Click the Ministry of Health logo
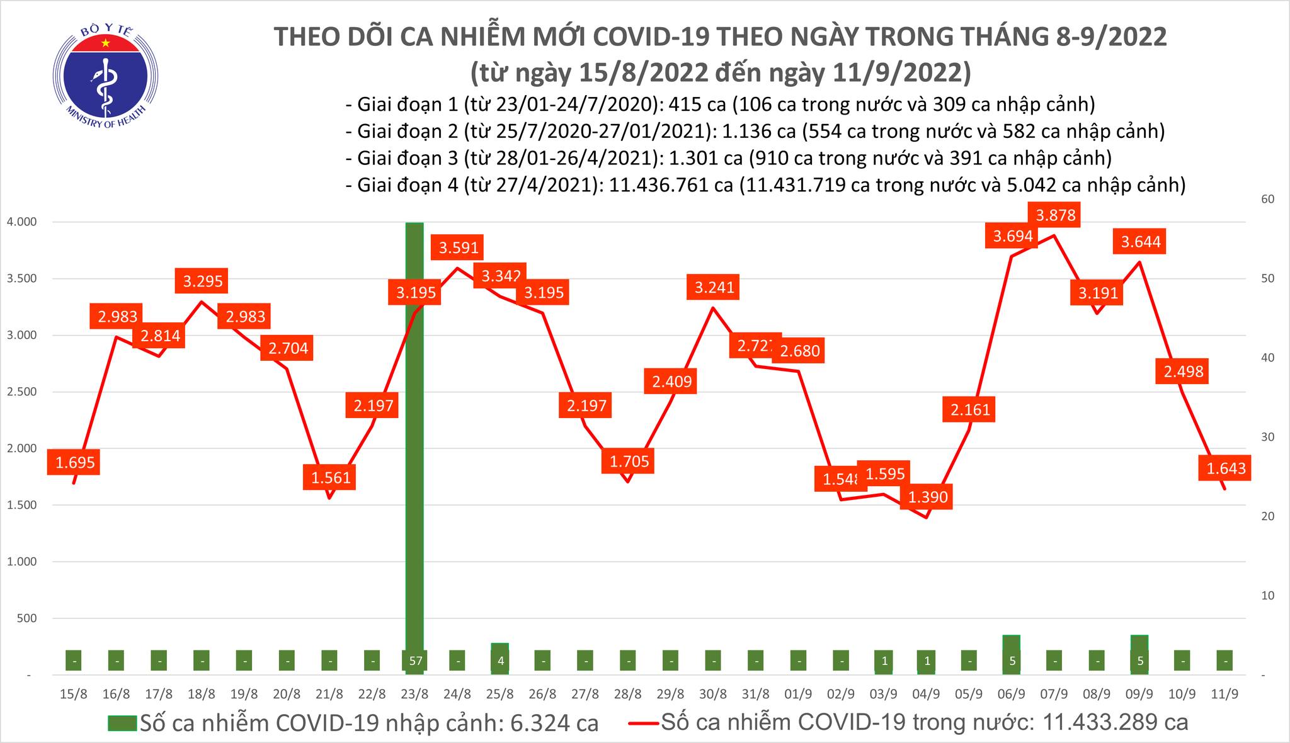pos(105,74)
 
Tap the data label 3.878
pos(1056,215)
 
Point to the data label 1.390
pos(928,497)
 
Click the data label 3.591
pos(459,248)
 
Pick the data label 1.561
pos(331,477)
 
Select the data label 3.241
pos(714,288)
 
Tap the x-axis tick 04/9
pos(925,695)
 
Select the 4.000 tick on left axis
pos(21,222)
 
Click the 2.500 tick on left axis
pos(21,392)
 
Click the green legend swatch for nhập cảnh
pos(122,723)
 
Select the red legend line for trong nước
pos(644,723)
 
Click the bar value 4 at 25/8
pos(499,661)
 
